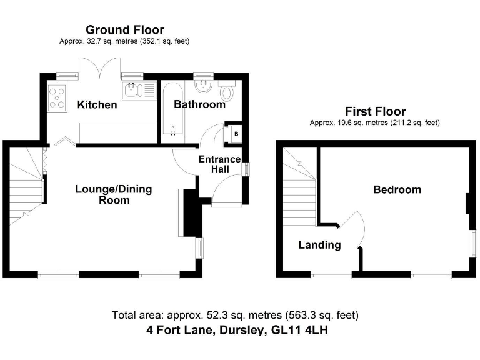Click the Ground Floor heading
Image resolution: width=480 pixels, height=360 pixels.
[x=124, y=30]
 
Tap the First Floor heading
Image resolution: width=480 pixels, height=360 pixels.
[x=374, y=112]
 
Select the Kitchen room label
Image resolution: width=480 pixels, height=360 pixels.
[x=97, y=104]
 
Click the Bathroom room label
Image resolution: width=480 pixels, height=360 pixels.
[x=199, y=104]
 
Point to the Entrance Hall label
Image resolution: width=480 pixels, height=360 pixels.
[x=219, y=164]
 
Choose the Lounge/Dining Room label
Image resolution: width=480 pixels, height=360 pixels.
[x=114, y=194]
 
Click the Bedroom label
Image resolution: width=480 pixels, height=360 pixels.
[x=397, y=189]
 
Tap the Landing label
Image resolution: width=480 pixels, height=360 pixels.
[x=319, y=245]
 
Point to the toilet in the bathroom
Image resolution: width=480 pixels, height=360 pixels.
[x=227, y=94]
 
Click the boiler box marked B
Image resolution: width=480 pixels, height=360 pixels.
[x=236, y=132]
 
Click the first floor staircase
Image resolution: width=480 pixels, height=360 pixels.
[x=297, y=194]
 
